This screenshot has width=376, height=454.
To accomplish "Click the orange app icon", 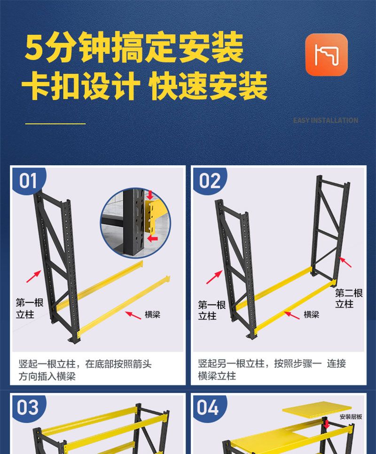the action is point(326,55).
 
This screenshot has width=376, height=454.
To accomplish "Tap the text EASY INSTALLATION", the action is point(325,120).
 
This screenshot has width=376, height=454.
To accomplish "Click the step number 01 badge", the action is point(28,180).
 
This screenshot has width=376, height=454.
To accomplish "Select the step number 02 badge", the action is point(210,180).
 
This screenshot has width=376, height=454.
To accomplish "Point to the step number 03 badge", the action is point(28,407).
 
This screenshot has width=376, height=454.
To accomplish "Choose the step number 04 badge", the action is point(208,407).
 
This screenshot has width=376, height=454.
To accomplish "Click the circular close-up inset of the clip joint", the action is point(135,223).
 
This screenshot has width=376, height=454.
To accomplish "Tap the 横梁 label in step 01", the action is point(152,314).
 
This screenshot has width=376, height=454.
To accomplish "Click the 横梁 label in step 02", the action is point(311,314).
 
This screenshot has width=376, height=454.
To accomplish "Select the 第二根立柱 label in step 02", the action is point(349,298).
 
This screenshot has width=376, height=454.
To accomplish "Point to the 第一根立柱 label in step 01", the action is point(29,309).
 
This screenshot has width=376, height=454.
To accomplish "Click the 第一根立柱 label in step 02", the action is point(211,310).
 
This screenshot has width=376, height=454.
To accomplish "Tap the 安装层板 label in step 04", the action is point(351,417).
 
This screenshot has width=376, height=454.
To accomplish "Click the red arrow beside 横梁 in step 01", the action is point(133,315).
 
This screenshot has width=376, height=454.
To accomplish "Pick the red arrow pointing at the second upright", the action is point(345,262).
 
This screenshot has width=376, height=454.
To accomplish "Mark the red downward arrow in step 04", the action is point(327,424).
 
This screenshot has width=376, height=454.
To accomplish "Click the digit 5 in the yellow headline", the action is point(35,48).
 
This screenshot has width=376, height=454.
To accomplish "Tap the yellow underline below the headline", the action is point(55,124).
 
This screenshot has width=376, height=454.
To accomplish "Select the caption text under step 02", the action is point(272,369).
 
